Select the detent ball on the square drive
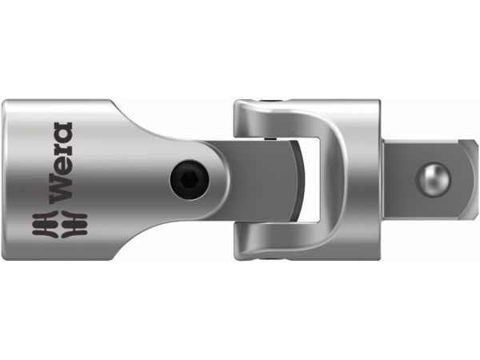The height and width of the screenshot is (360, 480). pyautogui.click(x=436, y=179)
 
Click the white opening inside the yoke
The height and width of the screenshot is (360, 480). pyautogui.click(x=316, y=180)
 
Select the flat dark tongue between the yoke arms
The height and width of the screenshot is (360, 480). pyautogui.click(x=256, y=180)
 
